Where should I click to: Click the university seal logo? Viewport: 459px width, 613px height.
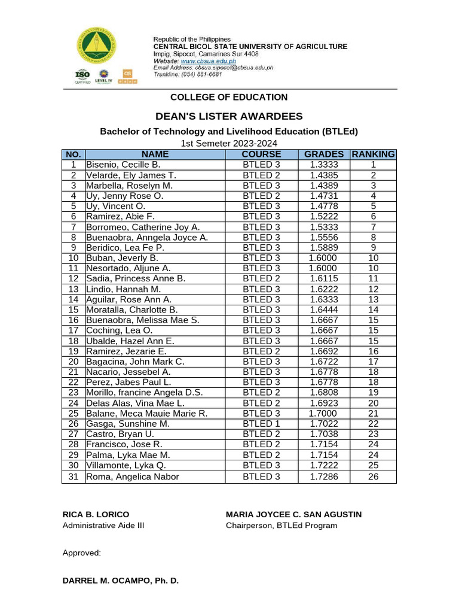[96, 47]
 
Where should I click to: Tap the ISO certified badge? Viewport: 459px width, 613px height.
[82, 76]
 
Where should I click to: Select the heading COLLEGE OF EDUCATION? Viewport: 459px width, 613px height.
[229, 97]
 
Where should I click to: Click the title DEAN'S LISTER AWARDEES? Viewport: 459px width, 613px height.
[229, 116]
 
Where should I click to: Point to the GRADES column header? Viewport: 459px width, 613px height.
[323, 154]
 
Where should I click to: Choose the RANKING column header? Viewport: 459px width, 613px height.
[373, 154]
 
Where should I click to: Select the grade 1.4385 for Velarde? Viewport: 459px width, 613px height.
[323, 175]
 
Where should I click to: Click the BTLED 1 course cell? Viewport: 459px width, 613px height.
[261, 424]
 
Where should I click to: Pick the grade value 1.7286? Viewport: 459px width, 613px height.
[323, 477]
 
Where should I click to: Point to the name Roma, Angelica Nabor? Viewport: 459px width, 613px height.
[133, 477]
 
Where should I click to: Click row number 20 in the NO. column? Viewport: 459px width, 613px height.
[74, 362]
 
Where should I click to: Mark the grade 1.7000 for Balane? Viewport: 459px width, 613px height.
[323, 414]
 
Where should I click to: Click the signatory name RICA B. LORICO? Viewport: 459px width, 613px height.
[96, 515]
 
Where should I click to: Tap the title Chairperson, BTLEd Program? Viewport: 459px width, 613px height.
[281, 526]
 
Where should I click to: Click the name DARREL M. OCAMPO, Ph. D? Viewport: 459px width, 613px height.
[120, 581]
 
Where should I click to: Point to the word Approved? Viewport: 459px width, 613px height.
[82, 553]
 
